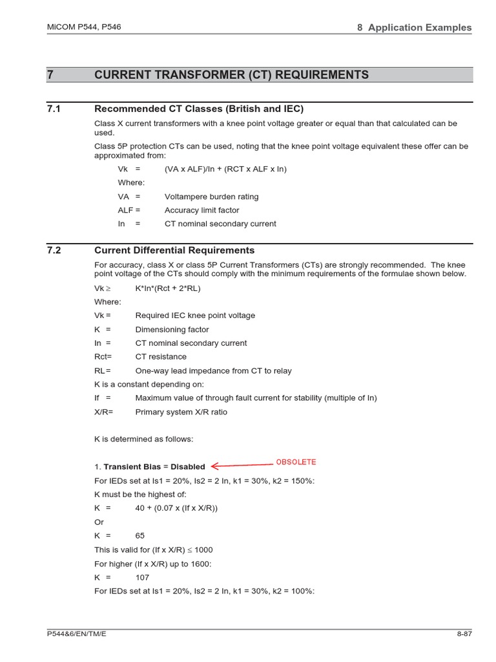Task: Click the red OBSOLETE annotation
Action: click(x=296, y=462)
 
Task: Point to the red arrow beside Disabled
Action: click(x=242, y=465)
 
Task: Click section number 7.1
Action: click(x=54, y=109)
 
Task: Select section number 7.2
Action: click(x=54, y=250)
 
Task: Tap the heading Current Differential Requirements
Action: click(x=174, y=250)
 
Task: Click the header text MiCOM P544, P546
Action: click(x=84, y=27)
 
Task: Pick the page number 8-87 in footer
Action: click(x=464, y=634)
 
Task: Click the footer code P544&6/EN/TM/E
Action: click(x=77, y=634)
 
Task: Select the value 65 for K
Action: click(x=140, y=536)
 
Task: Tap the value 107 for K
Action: click(x=142, y=577)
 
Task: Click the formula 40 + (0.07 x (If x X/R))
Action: click(x=176, y=508)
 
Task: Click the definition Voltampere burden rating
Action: click(x=211, y=197)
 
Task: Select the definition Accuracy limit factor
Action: click(x=201, y=210)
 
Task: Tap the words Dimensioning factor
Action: click(x=172, y=330)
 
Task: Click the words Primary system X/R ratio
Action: click(x=181, y=412)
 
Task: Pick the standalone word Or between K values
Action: click(x=99, y=522)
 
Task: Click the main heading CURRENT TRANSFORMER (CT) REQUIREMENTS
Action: click(x=232, y=75)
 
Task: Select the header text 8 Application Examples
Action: click(x=414, y=27)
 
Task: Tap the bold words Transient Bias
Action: click(x=130, y=467)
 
